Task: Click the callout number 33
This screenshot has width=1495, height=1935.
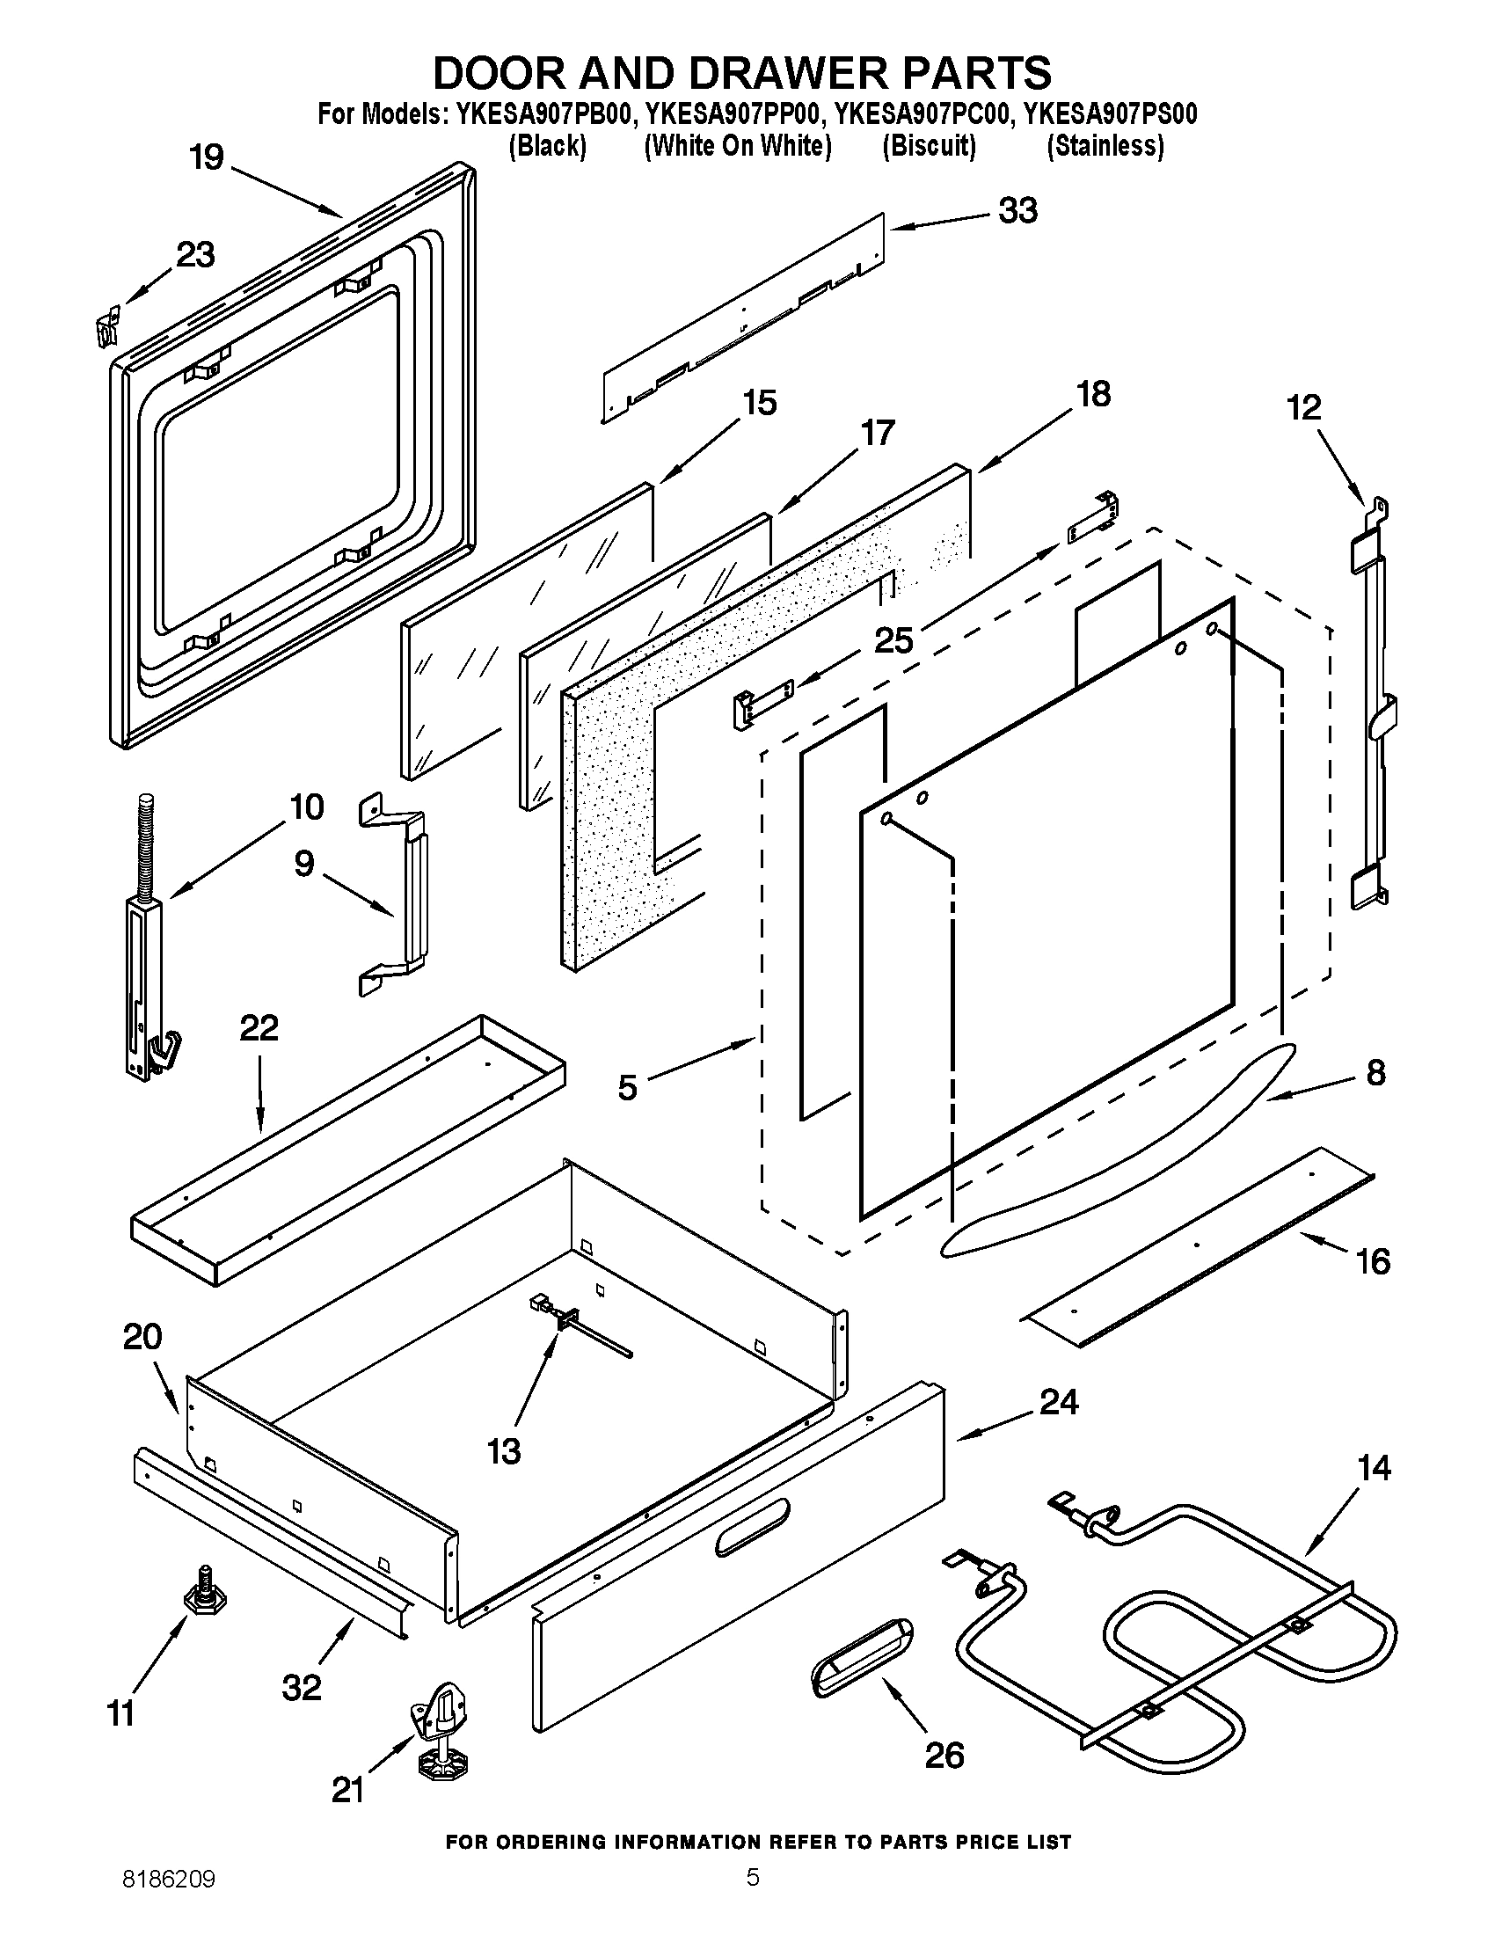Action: point(1017,211)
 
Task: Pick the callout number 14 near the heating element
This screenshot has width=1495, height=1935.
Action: point(1374,1468)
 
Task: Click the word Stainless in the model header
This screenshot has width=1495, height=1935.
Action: point(1105,146)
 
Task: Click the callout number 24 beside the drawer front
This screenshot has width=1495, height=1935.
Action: point(1058,1402)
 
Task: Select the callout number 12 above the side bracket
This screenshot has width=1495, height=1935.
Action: point(1303,407)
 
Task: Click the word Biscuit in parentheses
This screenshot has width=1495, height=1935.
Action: point(929,146)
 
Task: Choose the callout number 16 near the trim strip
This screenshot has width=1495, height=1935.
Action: point(1373,1260)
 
